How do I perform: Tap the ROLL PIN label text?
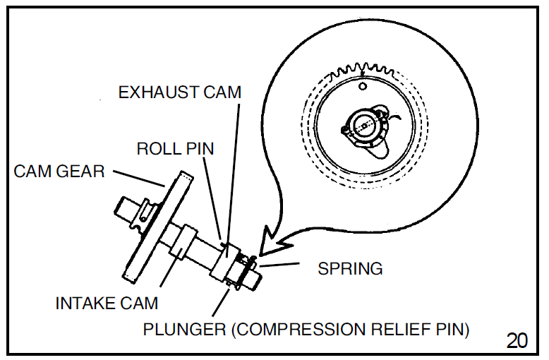tap(175, 149)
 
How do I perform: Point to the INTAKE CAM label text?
tap(107, 303)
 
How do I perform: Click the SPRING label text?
tap(350, 269)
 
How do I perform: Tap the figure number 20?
tap(517, 340)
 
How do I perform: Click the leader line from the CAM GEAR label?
tap(138, 177)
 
